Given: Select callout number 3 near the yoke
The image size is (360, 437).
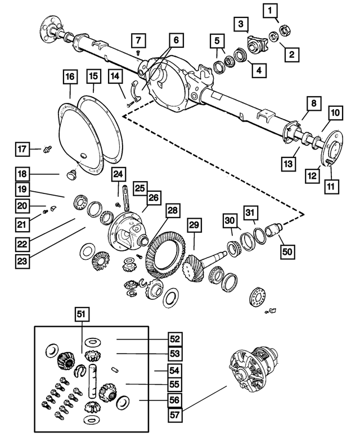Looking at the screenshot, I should click(241, 24).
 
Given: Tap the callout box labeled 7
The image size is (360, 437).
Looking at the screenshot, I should click(138, 40).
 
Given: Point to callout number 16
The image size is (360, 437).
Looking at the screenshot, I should click(70, 76).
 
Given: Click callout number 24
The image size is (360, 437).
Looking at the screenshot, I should click(118, 175).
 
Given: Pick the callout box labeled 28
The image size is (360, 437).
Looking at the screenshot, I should click(172, 211).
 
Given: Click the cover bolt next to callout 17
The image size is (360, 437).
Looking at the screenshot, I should click(47, 149).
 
